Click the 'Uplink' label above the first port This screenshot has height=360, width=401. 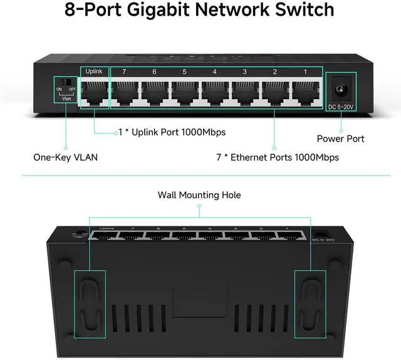94,71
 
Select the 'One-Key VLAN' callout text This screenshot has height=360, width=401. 65,157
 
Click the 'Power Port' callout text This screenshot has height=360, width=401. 340,139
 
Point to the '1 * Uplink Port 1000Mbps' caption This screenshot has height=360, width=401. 172,132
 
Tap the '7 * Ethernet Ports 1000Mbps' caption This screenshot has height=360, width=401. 278,157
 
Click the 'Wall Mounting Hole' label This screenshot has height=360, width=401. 199,195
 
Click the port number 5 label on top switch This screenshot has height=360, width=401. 184,72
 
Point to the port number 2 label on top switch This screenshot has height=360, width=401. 274,72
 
